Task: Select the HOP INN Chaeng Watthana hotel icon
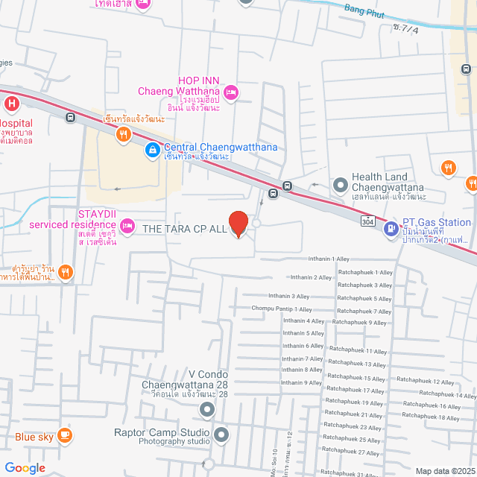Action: [x=231, y=92]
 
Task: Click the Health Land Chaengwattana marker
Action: [x=340, y=183]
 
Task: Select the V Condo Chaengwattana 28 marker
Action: [x=206, y=409]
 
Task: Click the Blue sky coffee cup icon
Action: [x=64, y=436]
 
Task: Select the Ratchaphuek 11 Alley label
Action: [x=358, y=351]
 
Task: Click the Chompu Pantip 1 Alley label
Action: [x=282, y=309]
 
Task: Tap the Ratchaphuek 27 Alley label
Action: [x=359, y=452]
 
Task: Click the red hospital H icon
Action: [x=11, y=104]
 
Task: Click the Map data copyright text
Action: [x=444, y=470]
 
